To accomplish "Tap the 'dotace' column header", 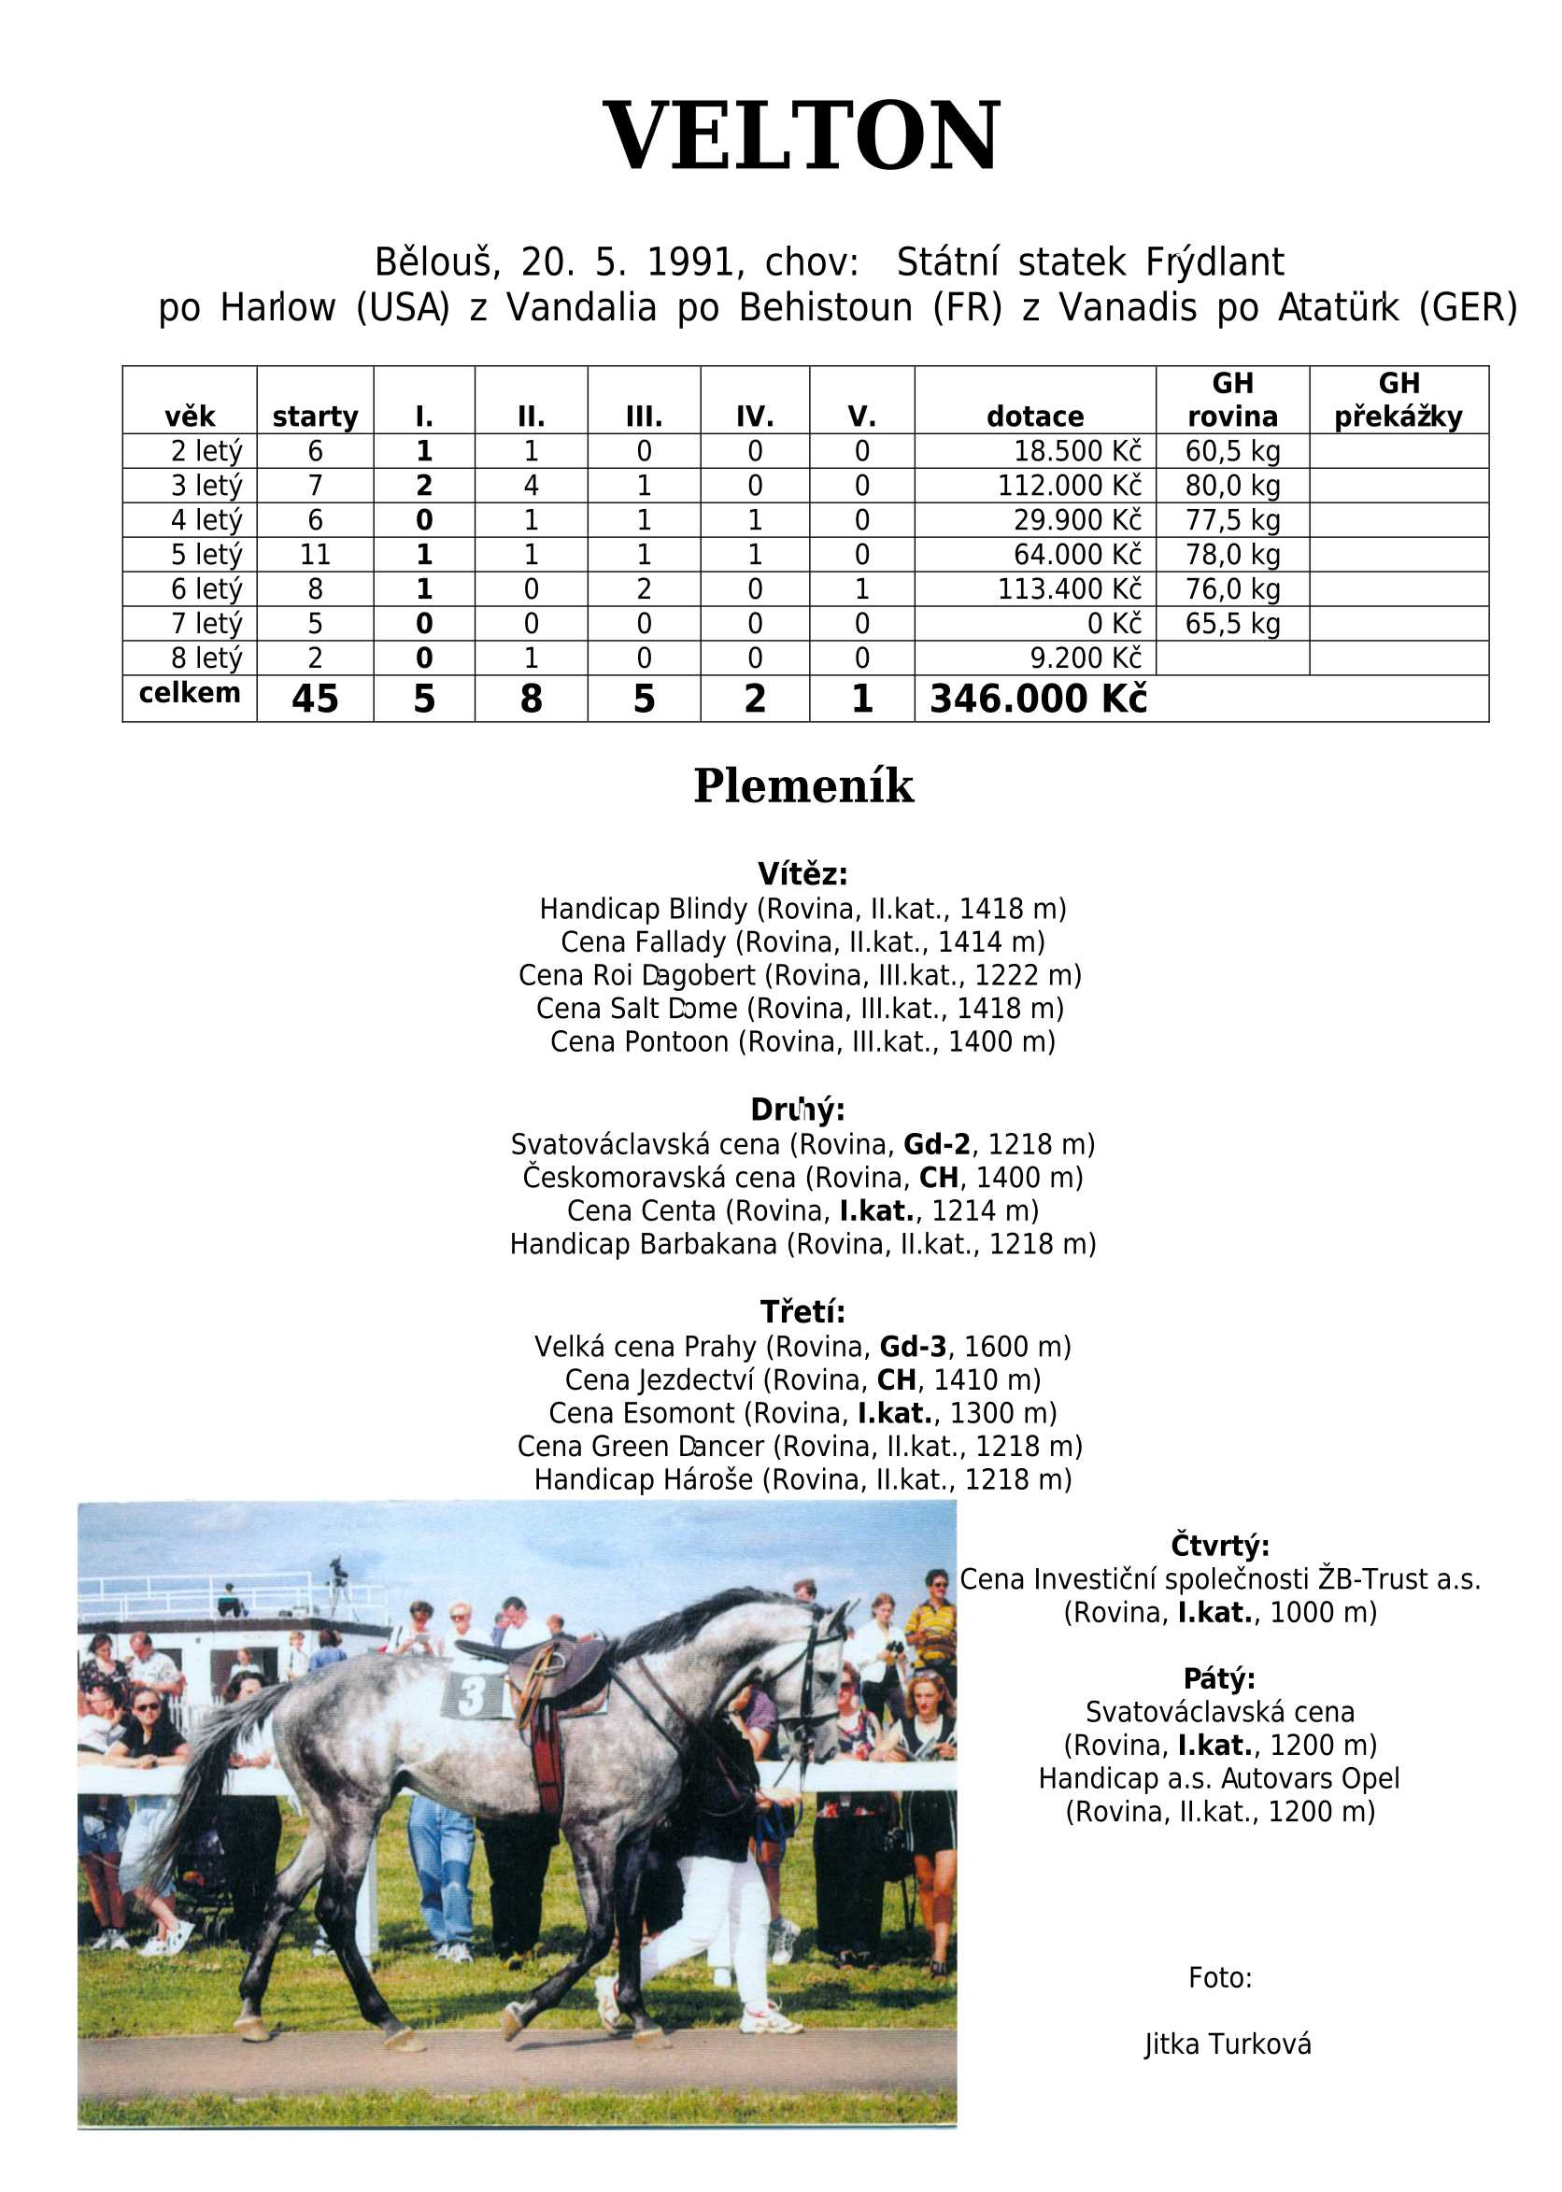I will [1035, 417].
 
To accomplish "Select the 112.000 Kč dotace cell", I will [1069, 486].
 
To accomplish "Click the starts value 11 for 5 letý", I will [315, 555].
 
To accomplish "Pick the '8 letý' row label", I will [206, 658].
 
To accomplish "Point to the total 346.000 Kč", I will [1038, 699].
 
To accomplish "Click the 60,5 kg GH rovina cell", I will [1232, 451].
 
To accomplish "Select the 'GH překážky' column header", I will [1398, 400].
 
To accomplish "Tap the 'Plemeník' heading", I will [803, 785].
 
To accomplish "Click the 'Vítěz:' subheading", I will [802, 874].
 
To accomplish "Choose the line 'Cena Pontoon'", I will [802, 1041].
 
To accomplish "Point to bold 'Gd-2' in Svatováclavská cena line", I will [936, 1144].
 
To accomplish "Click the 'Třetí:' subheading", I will [802, 1311].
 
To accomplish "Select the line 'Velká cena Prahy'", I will [802, 1346].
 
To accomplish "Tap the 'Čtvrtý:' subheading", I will [1219, 1546].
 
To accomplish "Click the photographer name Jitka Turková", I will [1228, 2044].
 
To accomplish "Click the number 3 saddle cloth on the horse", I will [474, 1696].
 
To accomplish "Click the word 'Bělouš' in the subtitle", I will [433, 262].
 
